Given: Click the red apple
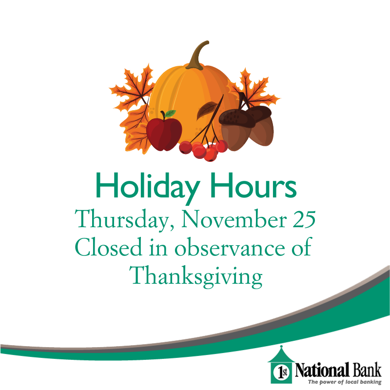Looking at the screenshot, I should pos(164,133).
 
